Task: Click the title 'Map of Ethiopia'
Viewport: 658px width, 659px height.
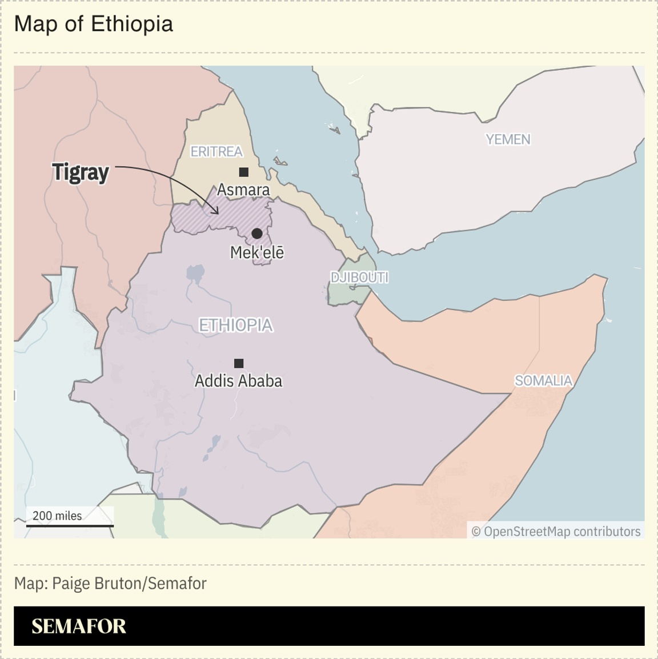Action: pyautogui.click(x=93, y=24)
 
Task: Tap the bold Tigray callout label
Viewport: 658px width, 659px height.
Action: pyautogui.click(x=80, y=172)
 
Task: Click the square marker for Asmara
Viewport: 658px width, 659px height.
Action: pyautogui.click(x=244, y=172)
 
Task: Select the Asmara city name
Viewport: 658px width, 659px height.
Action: pyautogui.click(x=243, y=190)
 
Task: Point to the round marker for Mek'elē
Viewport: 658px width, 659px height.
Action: pyautogui.click(x=257, y=233)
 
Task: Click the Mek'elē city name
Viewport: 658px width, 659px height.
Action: pyautogui.click(x=257, y=252)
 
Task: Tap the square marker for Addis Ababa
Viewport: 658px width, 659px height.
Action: pyautogui.click(x=239, y=363)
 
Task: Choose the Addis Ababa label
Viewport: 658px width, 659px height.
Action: pyautogui.click(x=238, y=381)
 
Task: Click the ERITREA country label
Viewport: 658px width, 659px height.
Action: pyautogui.click(x=216, y=151)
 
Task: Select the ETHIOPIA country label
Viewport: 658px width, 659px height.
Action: pyautogui.click(x=236, y=325)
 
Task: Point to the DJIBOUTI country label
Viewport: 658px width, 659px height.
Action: pyautogui.click(x=359, y=278)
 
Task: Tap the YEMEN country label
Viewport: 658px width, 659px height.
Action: pyautogui.click(x=508, y=139)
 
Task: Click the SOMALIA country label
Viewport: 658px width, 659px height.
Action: pyautogui.click(x=543, y=381)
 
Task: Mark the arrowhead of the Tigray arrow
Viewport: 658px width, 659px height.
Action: pyautogui.click(x=216, y=211)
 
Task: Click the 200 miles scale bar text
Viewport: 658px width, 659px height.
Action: pyautogui.click(x=57, y=516)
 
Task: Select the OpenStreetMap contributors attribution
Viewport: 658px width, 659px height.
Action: pyautogui.click(x=556, y=532)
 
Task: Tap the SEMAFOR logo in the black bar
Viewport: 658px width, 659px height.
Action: pyautogui.click(x=79, y=626)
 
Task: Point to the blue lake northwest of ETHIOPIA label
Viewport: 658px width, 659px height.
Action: pyautogui.click(x=195, y=274)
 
